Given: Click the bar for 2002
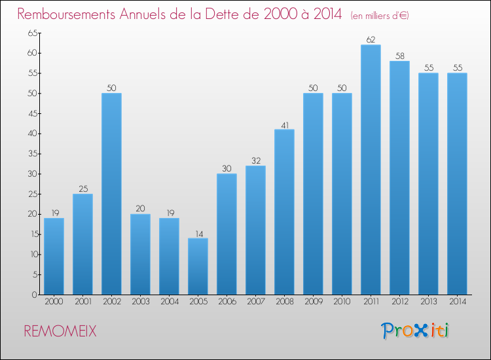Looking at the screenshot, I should [111, 194].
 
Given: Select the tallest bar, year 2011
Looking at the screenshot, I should [371, 170].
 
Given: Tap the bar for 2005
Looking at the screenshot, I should [198, 266].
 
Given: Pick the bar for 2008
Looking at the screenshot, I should [284, 211].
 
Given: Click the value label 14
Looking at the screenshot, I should [198, 232].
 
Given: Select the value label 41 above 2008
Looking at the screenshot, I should [284, 124].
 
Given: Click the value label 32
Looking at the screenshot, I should [255, 160].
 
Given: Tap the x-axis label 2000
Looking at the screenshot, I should [54, 302].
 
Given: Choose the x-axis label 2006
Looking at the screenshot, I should [227, 302].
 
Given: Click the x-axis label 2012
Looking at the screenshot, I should [399, 302].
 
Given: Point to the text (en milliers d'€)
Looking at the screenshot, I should [380, 16].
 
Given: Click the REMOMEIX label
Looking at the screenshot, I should [60, 331].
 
